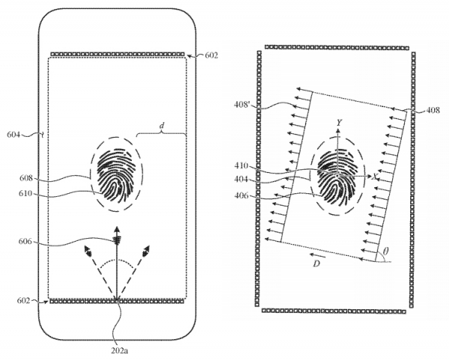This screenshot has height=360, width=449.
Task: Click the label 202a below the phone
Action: point(119,350)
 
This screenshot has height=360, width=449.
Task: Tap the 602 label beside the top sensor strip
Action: point(211,55)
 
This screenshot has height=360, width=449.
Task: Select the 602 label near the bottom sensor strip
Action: point(24,300)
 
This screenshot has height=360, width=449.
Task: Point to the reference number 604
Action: point(13,134)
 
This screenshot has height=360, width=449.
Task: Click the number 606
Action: point(25,242)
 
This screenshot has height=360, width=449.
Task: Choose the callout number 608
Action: point(26,178)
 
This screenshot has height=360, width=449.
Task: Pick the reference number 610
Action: point(26,194)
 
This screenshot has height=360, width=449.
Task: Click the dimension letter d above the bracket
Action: point(162,125)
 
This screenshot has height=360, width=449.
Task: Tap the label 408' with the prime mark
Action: point(242,106)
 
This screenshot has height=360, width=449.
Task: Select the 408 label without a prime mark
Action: point(433,110)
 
